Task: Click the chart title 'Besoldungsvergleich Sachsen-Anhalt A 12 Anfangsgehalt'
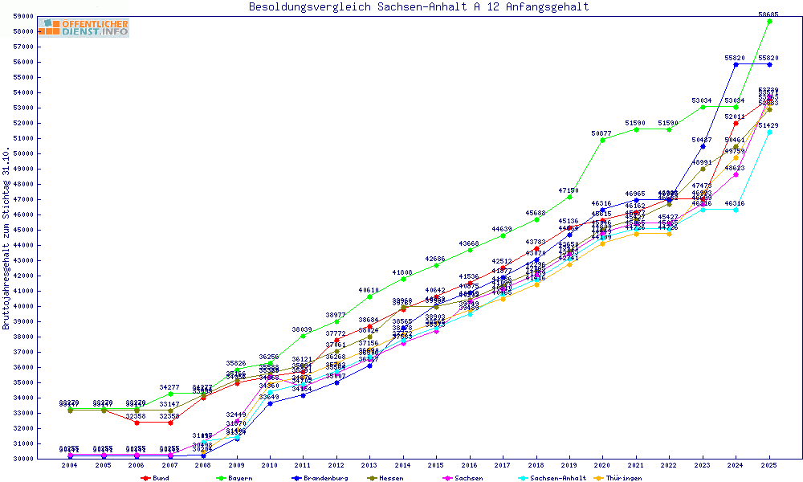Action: point(418,7)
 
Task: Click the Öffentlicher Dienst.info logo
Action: point(84,28)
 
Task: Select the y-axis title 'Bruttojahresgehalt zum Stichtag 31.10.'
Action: point(7,238)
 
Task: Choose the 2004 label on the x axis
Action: point(69,466)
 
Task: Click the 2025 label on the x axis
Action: point(769,466)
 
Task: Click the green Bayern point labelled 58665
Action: point(769,21)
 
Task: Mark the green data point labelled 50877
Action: point(602,140)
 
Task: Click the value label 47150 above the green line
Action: point(569,190)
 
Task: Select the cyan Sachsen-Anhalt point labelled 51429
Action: point(769,132)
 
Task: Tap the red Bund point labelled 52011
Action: point(736,123)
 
